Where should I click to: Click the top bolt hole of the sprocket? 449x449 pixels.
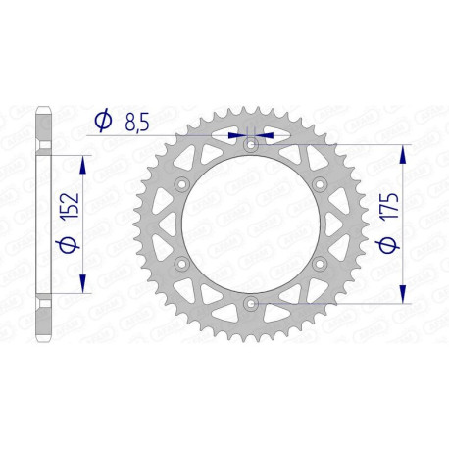click(x=251, y=145)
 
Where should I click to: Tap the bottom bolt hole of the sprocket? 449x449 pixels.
click(x=251, y=305)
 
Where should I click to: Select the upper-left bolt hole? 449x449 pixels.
click(x=182, y=185)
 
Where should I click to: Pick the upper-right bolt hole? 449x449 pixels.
click(x=320, y=185)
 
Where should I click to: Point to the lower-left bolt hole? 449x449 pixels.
click(x=182, y=265)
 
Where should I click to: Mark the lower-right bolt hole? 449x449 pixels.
click(x=320, y=265)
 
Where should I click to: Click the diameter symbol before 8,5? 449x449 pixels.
click(x=102, y=121)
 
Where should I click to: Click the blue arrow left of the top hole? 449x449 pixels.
click(x=235, y=135)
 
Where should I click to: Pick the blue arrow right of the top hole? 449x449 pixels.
click(x=267, y=135)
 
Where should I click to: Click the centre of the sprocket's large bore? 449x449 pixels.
click(x=251, y=225)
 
